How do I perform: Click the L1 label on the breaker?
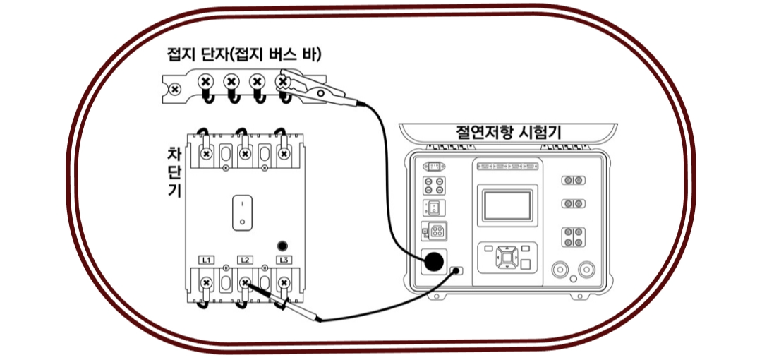coord(206,260)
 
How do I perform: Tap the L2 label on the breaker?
coord(245,260)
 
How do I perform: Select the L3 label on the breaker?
coord(284,260)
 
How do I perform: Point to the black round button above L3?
coord(283,246)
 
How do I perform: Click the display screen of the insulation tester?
coord(507,205)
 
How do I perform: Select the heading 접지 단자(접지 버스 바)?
coord(244,54)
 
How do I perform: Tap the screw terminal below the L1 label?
coord(206,283)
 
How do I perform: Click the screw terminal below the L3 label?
coord(284,283)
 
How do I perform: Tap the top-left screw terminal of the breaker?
coord(206,153)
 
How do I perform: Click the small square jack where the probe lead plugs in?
coord(456,271)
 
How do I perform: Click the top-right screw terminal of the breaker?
coord(284,153)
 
